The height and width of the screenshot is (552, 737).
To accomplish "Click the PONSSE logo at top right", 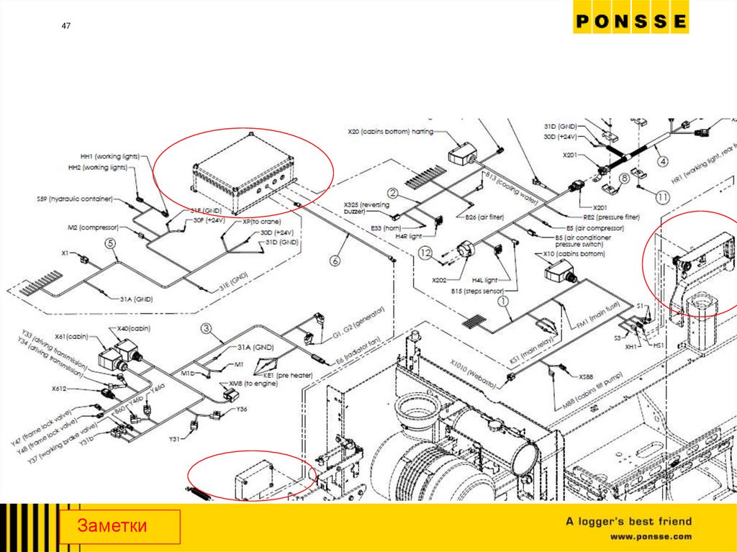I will (x=630, y=22).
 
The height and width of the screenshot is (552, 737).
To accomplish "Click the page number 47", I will (x=65, y=27).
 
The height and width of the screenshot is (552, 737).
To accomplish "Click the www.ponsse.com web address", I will (x=651, y=536).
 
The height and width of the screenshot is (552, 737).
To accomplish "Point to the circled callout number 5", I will (x=109, y=243).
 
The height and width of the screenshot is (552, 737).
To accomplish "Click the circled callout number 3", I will (x=207, y=330).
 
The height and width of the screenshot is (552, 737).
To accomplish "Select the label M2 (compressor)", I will (x=93, y=228).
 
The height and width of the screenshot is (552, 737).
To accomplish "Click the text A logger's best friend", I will (x=628, y=521).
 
